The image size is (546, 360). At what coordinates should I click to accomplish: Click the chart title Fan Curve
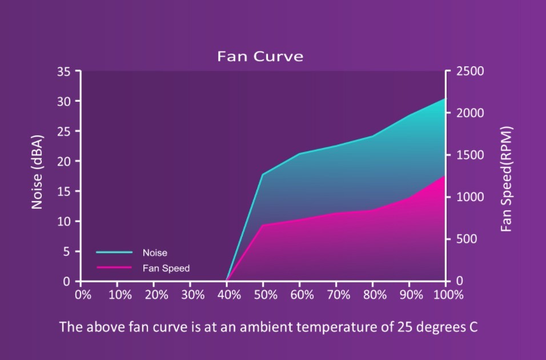coord(260,56)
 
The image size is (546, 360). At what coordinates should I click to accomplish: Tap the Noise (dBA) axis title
coord(37,172)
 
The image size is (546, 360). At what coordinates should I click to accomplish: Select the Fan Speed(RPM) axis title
coord(507,179)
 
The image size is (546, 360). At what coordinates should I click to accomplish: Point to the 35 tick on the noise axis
coord(64,71)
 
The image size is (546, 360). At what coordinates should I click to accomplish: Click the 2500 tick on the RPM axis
coord(470,71)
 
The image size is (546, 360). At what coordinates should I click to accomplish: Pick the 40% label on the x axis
coord(229,295)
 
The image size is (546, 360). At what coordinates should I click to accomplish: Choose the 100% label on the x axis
coord(448,295)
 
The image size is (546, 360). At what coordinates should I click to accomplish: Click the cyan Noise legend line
coord(114,253)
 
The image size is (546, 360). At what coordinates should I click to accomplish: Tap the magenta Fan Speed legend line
coord(114,267)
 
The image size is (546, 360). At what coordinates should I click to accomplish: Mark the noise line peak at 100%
coord(445,99)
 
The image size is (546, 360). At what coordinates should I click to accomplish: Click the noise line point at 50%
coord(263,174)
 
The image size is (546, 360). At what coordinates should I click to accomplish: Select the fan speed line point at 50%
coord(263,225)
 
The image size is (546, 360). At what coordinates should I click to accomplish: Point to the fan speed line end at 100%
coord(445,176)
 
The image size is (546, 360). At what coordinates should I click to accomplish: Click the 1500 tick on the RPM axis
coord(470,155)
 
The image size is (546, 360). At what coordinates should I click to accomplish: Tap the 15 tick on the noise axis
coord(64,191)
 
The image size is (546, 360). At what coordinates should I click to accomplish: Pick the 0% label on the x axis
coord(83,295)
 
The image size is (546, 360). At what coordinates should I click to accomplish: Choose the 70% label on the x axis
coord(338,295)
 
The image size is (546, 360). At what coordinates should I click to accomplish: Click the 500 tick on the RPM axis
coord(467,239)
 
